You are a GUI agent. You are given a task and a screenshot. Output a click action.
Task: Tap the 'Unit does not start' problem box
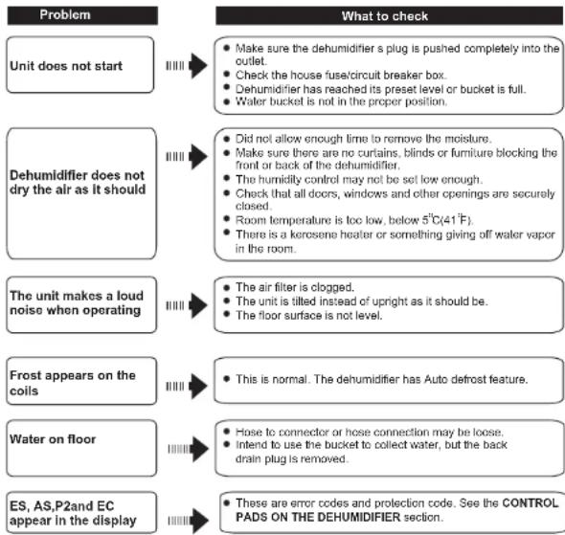[x=80, y=65]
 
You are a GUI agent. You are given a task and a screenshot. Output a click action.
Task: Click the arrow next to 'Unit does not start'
[x=187, y=65]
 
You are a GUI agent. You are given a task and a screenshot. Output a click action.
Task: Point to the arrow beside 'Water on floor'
[x=189, y=449]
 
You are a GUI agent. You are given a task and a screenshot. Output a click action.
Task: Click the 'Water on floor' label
[x=53, y=439]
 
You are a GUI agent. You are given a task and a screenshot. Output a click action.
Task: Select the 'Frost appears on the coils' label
[x=73, y=383]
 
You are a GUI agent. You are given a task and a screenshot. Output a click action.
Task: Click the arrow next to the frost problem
[x=187, y=387]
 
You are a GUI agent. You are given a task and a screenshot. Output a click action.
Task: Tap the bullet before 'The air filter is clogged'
[x=227, y=287]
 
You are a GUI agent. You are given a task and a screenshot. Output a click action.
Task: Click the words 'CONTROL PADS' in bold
[x=397, y=510]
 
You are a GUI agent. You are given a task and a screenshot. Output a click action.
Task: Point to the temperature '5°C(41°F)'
[x=447, y=219]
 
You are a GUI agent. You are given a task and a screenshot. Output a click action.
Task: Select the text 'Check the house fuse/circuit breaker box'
[x=341, y=76]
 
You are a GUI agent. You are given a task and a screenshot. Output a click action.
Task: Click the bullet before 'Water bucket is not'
[x=227, y=101]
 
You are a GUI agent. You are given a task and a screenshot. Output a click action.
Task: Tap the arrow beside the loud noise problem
[x=187, y=305]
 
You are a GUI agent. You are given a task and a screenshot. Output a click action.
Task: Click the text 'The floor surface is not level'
[x=308, y=316]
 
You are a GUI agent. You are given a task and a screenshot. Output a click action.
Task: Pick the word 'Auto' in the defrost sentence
[x=436, y=379]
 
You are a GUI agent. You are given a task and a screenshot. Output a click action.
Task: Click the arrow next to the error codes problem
[x=189, y=521]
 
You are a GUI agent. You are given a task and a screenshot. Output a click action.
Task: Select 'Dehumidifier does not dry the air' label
[x=78, y=182]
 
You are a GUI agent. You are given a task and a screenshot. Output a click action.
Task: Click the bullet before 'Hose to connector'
[x=227, y=432]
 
